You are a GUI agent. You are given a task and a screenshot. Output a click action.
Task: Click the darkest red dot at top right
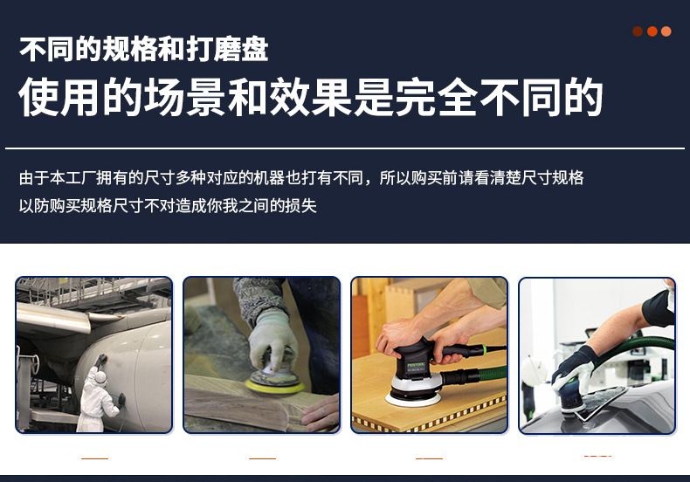point(638,31)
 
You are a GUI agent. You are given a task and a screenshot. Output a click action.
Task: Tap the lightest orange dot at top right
point(666,31)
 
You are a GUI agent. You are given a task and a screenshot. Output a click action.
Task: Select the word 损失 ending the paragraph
point(303,206)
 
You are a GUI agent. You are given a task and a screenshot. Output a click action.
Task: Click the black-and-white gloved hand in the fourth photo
point(573,368)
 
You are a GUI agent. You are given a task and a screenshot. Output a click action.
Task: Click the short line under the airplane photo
point(94,458)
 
